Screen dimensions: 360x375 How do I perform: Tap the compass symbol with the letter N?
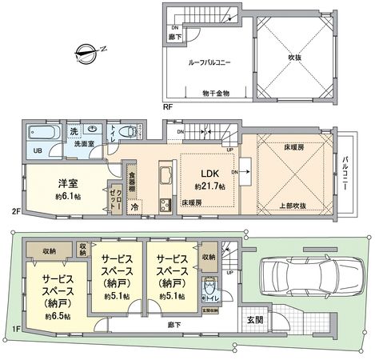click(x=84, y=55)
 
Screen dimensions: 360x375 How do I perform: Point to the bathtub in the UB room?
click(x=38, y=134)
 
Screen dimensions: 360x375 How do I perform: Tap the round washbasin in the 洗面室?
click(x=94, y=130)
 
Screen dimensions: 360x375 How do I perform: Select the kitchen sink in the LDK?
click(x=166, y=176)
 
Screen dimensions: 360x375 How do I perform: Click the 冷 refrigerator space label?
click(x=134, y=206)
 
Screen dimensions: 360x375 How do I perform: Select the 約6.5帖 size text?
click(x=45, y=316)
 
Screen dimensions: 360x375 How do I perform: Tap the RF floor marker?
click(x=168, y=105)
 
